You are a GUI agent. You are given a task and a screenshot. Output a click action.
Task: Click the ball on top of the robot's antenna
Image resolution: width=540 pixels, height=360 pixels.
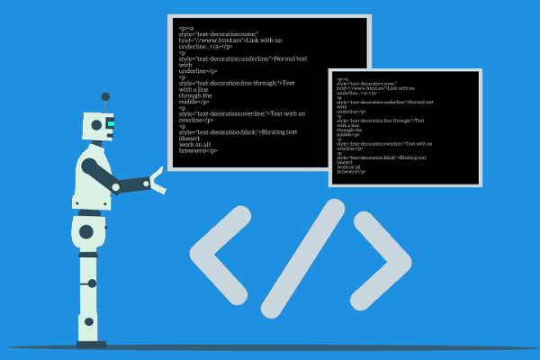tap(105, 96)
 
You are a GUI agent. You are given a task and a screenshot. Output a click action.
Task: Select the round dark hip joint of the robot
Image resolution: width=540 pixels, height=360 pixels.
tap(86, 231)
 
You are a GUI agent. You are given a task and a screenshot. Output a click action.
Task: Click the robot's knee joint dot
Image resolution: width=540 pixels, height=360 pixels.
tap(92, 283)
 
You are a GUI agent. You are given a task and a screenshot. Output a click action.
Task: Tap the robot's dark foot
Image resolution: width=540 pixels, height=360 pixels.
tap(91, 343)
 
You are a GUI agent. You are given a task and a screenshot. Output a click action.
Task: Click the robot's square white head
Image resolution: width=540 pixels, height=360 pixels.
tap(96, 126)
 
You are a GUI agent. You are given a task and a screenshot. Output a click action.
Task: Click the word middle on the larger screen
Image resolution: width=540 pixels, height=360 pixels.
tap(191, 102)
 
